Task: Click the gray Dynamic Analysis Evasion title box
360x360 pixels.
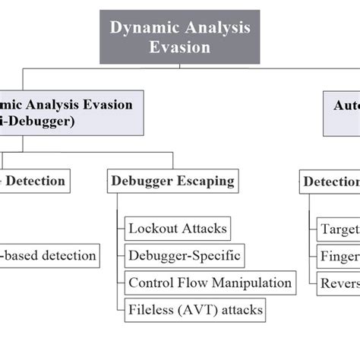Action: click(x=179, y=36)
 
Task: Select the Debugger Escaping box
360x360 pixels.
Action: click(x=172, y=182)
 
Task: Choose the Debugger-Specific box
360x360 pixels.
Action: click(x=184, y=255)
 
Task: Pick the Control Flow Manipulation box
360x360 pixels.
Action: click(x=210, y=283)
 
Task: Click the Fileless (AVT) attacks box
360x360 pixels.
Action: click(x=194, y=310)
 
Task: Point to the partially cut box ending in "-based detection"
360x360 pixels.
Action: click(x=49, y=255)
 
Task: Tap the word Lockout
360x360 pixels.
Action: click(x=153, y=228)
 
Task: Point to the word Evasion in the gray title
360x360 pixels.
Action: click(x=179, y=47)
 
